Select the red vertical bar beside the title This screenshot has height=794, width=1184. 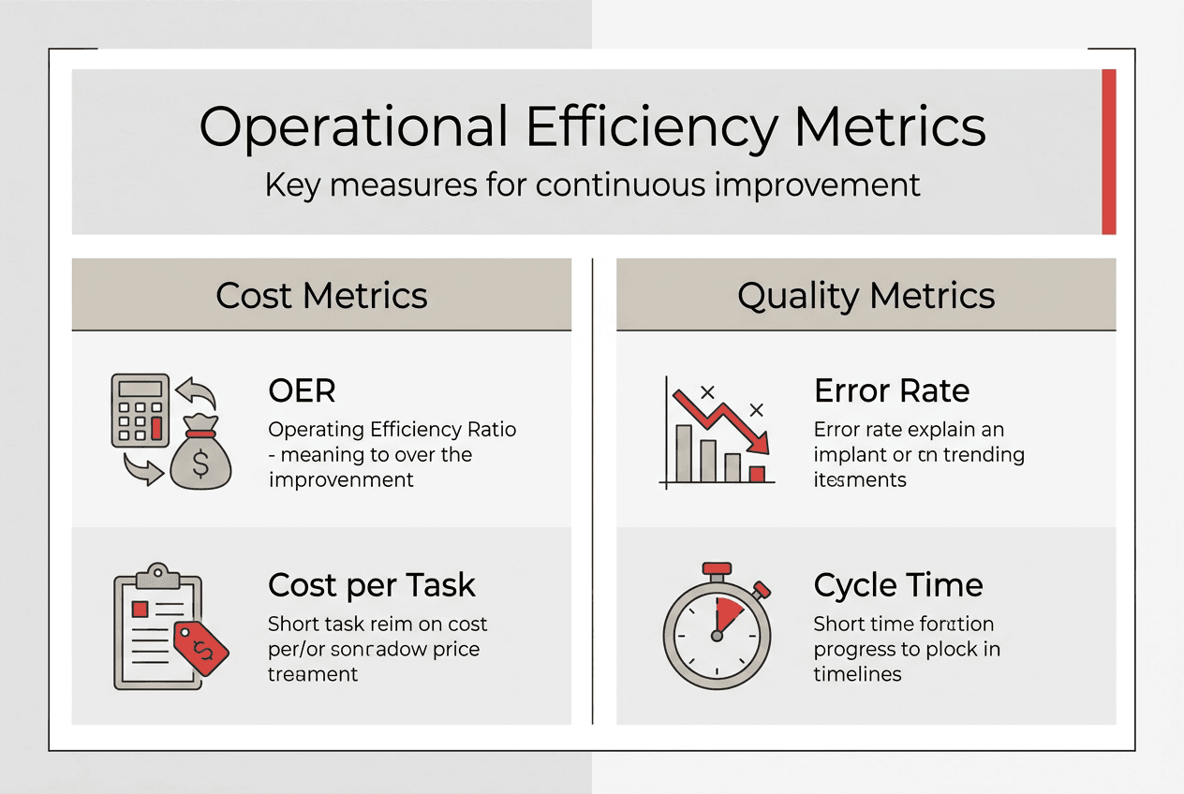1108,152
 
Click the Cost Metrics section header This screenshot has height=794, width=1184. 321,296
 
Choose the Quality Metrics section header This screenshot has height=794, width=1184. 866,296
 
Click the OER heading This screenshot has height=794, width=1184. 302,390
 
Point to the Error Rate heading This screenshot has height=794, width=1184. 892,390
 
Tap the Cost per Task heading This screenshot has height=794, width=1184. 372,585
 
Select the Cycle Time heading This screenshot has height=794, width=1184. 898,585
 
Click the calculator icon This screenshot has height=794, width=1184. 140,410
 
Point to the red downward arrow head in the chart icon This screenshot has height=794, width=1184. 757,441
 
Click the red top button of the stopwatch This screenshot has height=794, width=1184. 717,568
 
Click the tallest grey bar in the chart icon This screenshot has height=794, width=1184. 685,453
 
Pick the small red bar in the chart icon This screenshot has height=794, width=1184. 757,474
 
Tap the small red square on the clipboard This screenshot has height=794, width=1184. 141,610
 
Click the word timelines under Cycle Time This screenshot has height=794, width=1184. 857,674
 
